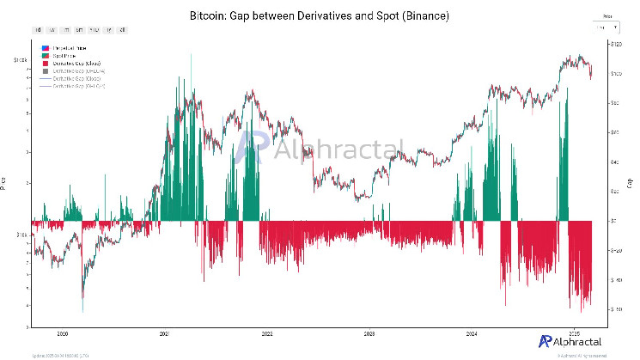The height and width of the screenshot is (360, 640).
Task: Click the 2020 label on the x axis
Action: [62, 332]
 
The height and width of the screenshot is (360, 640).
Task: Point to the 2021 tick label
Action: [164, 332]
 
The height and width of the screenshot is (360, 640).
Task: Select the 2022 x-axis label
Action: [267, 332]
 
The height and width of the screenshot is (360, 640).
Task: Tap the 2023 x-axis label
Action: [369, 332]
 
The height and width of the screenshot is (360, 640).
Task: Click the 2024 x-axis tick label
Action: [472, 332]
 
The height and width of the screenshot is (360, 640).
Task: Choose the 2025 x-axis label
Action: [575, 332]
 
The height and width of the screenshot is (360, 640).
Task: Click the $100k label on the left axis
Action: [20, 60]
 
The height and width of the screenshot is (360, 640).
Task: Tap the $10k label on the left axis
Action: [21, 234]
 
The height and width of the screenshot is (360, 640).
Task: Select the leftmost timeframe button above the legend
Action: [40, 29]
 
